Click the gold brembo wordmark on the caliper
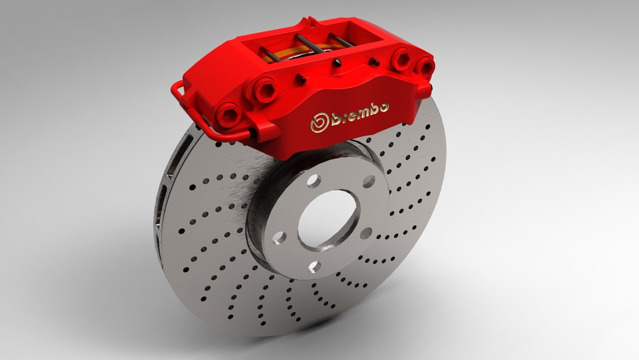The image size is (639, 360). click(x=351, y=117)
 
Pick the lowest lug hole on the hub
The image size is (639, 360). click(x=315, y=266)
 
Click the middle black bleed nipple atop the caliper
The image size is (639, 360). click(x=337, y=63)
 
